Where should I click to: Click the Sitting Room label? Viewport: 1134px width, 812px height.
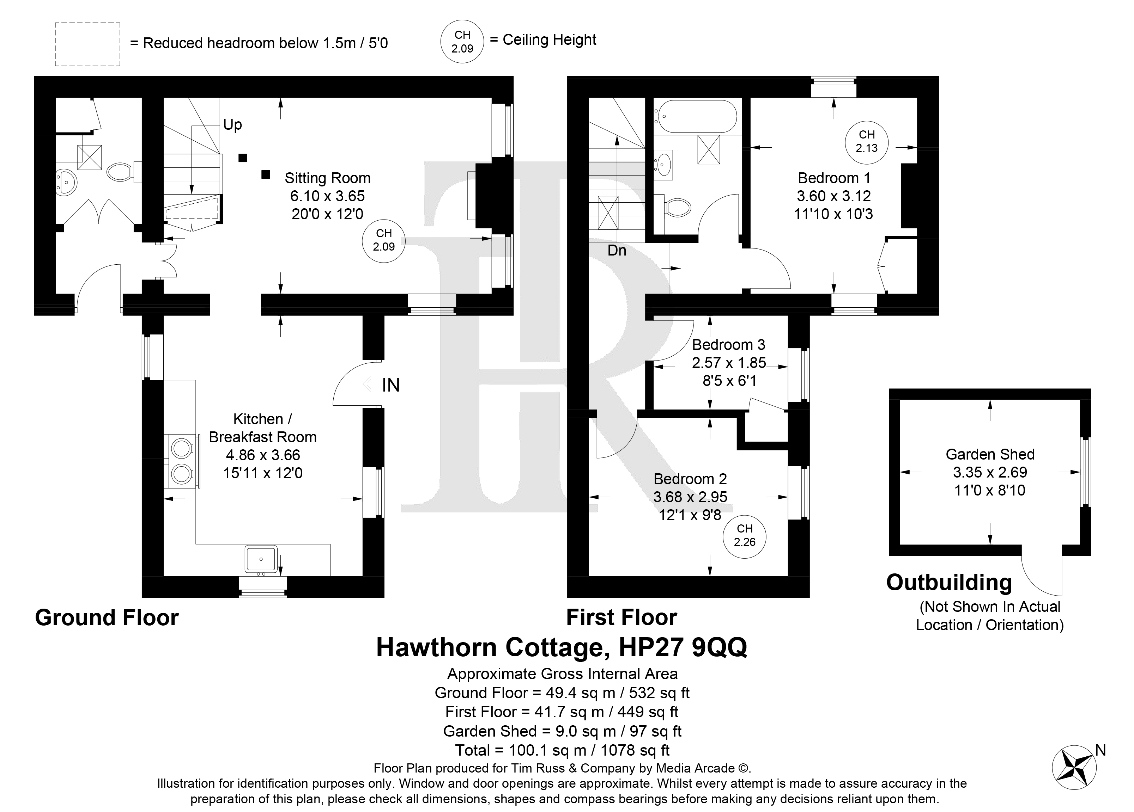tap(327, 178)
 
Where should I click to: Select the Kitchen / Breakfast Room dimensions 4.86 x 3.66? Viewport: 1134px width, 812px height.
tap(263, 455)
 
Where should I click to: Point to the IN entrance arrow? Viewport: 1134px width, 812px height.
tap(370, 384)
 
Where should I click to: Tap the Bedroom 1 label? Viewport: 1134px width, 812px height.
tap(834, 178)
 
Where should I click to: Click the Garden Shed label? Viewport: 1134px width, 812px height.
tap(990, 455)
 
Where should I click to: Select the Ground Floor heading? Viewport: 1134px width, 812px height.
tap(107, 618)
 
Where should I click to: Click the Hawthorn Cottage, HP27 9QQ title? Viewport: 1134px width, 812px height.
tap(562, 648)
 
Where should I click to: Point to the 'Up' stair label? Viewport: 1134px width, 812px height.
tap(232, 125)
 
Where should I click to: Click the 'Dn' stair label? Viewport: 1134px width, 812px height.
tap(617, 250)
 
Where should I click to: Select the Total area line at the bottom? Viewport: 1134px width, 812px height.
tap(562, 751)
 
